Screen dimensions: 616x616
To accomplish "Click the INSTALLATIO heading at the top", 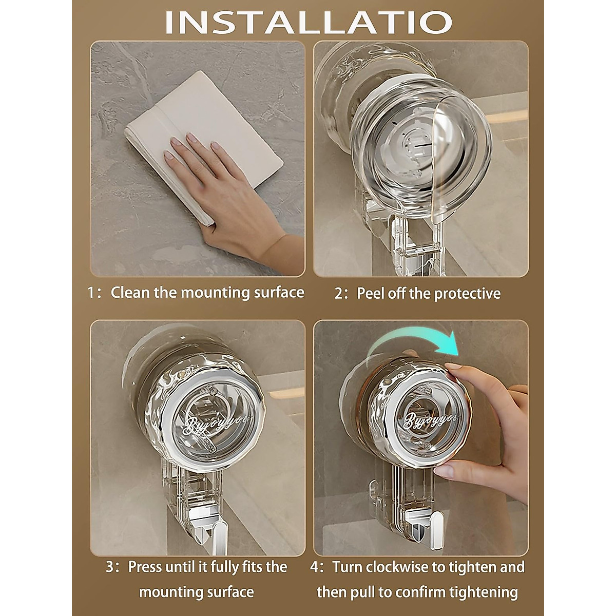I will (x=308, y=22).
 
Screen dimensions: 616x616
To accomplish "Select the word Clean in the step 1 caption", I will (x=130, y=293).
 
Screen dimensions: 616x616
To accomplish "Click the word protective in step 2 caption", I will (x=467, y=294).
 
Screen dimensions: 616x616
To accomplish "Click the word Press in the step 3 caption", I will (x=146, y=567).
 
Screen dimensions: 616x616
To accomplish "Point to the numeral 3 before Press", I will (x=110, y=567).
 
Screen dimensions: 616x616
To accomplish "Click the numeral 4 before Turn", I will (x=314, y=567).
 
